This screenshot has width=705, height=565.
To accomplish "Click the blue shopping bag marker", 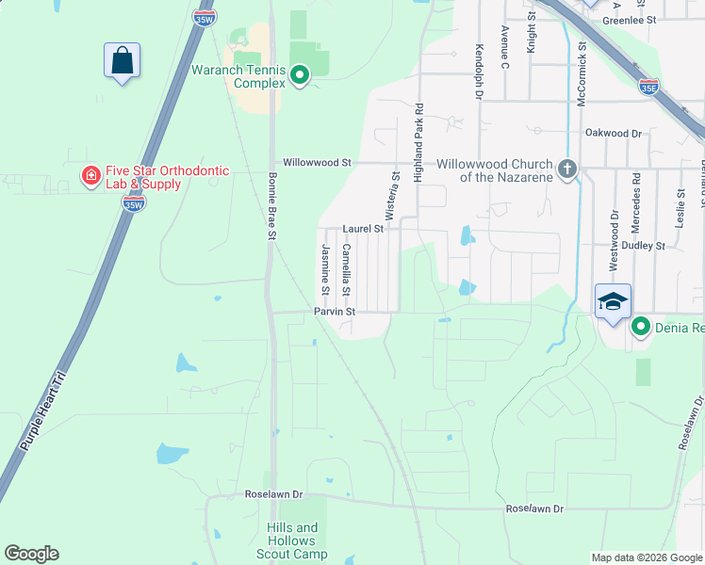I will [x=122, y=61].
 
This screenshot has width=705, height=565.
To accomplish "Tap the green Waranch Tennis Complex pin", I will [x=300, y=74].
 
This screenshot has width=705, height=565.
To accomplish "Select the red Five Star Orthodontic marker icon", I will [x=90, y=176].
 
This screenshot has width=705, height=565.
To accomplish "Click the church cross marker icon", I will [x=566, y=169].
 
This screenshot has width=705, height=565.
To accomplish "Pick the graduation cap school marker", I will [x=613, y=301].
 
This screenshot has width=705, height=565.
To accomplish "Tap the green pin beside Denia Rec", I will [x=641, y=327].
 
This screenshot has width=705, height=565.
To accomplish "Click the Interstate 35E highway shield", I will [x=648, y=87].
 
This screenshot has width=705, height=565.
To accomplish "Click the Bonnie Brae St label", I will [x=271, y=206].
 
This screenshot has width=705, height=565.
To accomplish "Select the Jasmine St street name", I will [x=325, y=265].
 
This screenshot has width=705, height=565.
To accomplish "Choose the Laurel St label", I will [x=363, y=229].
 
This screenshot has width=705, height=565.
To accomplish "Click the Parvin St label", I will [x=334, y=311].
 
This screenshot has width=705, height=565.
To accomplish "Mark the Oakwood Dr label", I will [x=613, y=135].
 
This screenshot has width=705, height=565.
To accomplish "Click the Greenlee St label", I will [x=629, y=19].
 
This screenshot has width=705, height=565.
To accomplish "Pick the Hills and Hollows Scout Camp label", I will [x=291, y=541].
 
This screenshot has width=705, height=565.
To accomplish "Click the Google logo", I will [x=32, y=554].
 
